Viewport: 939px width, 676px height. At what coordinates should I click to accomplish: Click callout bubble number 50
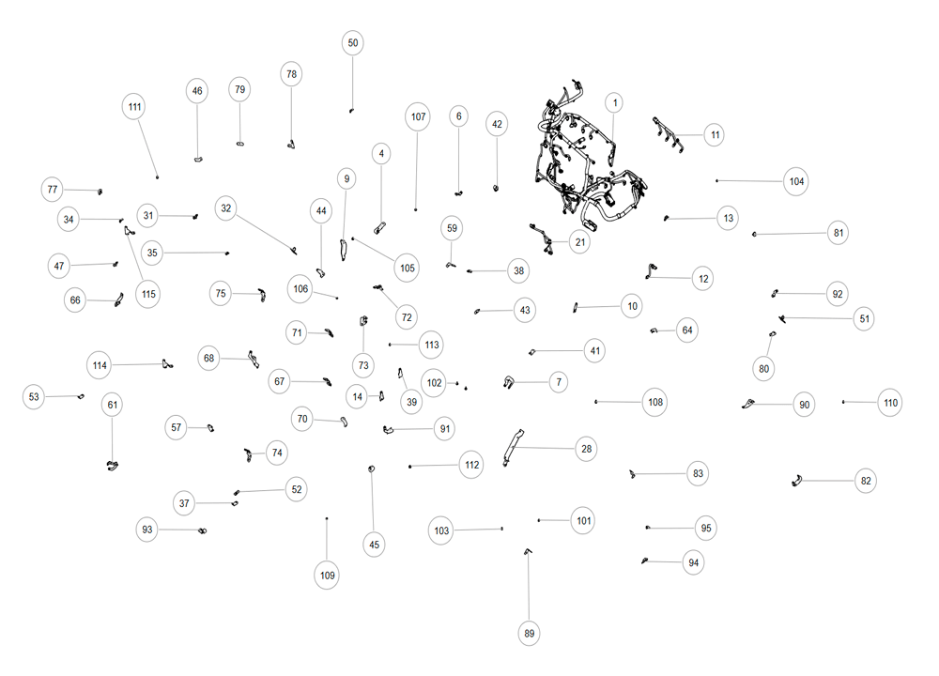tap(353, 43)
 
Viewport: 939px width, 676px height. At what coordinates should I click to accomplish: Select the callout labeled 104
tap(796, 181)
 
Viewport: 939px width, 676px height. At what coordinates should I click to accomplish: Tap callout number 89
tap(529, 634)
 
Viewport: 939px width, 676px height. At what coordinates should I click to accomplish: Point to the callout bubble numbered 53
tap(34, 396)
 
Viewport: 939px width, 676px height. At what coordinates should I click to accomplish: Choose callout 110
tap(890, 403)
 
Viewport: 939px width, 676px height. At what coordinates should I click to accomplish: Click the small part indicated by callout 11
tap(668, 134)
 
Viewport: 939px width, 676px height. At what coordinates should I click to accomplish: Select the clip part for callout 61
tap(112, 466)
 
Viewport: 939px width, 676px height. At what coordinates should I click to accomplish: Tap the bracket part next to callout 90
tap(748, 404)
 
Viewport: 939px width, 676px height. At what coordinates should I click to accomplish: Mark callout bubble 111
tap(134, 107)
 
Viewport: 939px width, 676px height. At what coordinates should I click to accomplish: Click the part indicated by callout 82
tap(796, 480)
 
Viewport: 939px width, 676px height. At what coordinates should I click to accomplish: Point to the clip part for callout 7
tap(509, 381)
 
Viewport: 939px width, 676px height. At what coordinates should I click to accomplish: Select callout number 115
tap(148, 294)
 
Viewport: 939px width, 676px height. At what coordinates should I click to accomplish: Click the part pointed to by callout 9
tap(344, 250)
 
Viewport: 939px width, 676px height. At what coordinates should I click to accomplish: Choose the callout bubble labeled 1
tap(614, 103)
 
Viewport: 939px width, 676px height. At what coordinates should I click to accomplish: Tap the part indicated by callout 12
tap(651, 271)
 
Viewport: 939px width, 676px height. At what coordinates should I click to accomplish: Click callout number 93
tap(146, 530)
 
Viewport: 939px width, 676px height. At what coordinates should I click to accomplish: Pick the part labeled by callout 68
tap(254, 360)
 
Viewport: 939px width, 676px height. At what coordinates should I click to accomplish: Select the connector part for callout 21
tap(542, 238)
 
